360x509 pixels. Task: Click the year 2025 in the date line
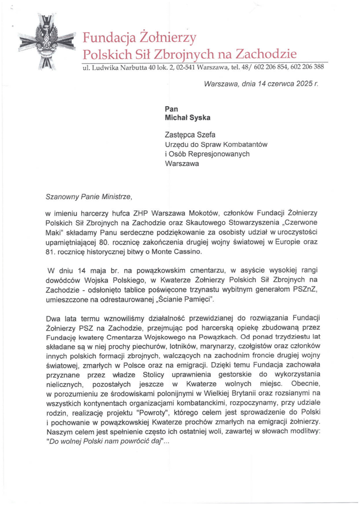coord(302,85)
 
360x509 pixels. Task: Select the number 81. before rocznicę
coord(52,254)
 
